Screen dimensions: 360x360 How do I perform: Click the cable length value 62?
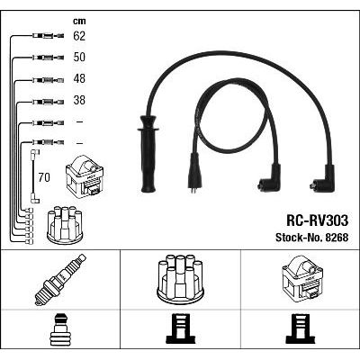[x=79, y=36]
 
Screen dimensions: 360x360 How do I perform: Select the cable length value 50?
[x=79, y=58]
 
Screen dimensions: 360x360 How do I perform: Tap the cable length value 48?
[x=79, y=79]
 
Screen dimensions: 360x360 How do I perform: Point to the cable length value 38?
[x=79, y=100]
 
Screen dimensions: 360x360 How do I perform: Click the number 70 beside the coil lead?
[x=44, y=177]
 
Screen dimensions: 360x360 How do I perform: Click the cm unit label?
[x=79, y=21]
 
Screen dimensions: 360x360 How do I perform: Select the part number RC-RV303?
[x=318, y=220]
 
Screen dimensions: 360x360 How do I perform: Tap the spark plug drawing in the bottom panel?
[x=60, y=280]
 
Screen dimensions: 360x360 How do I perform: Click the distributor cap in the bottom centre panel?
[x=180, y=277]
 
